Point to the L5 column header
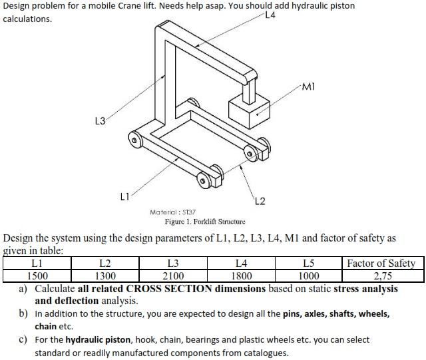point(308,264)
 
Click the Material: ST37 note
point(172,212)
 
